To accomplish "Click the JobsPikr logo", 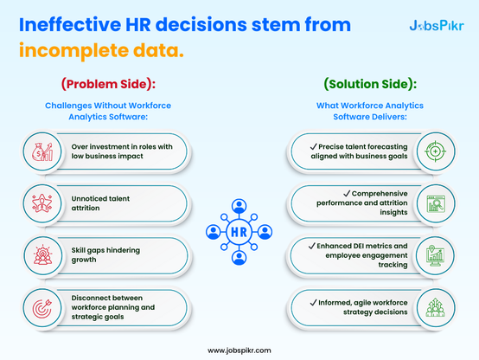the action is (x=437, y=26).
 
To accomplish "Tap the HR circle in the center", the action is (x=239, y=232).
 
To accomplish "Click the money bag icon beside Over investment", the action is (x=42, y=151).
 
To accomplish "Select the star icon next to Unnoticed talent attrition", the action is (x=42, y=203).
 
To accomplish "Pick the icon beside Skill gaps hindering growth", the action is (x=42, y=255).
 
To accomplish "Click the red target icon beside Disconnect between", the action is (x=42, y=308).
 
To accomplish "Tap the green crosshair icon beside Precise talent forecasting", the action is (x=435, y=151).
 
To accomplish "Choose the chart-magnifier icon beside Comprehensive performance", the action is (x=436, y=203).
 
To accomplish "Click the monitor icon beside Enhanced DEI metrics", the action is (x=435, y=255).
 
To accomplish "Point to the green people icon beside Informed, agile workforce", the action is (x=435, y=308).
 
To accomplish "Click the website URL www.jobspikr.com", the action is (x=239, y=350).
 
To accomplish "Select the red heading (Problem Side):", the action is (x=108, y=84).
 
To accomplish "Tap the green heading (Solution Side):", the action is (x=370, y=84).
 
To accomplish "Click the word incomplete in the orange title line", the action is (x=73, y=51).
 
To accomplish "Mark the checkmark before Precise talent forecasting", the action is (x=314, y=147).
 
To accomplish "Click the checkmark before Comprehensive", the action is (x=347, y=194).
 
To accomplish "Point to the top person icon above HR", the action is (x=239, y=207).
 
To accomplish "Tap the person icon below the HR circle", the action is (x=239, y=258).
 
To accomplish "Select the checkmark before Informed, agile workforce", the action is (x=314, y=303).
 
